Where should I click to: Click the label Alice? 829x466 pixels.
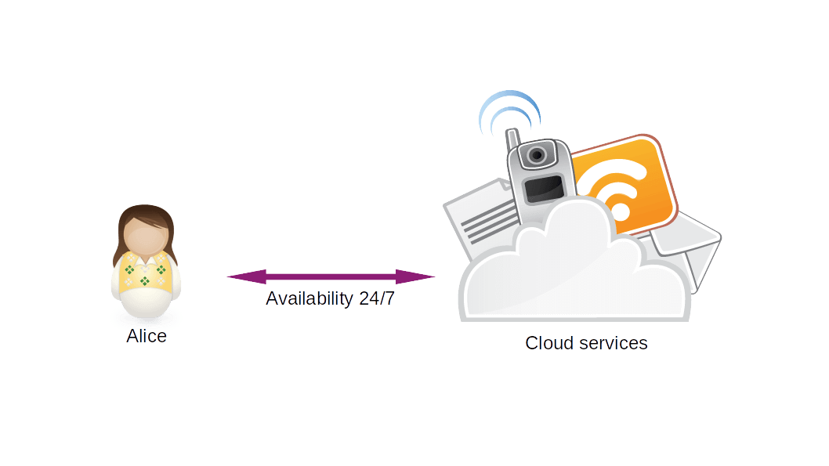tap(147, 337)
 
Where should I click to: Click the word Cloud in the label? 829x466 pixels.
tap(549, 343)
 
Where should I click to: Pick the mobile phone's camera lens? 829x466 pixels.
tap(537, 154)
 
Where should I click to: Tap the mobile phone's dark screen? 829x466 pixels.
tap(544, 188)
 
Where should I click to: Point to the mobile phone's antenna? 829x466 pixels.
tap(512, 139)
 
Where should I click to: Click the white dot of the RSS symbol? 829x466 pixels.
tap(620, 211)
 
